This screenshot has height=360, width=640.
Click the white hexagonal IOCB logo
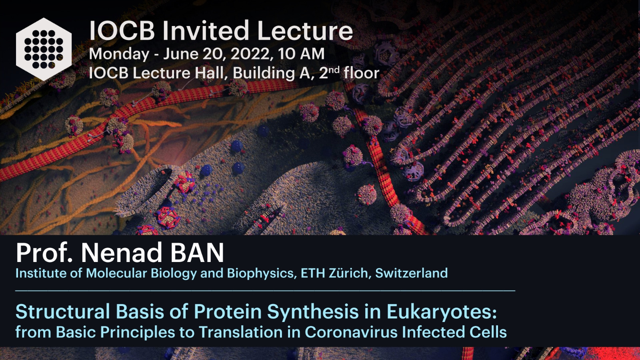pyautogui.click(x=44, y=49)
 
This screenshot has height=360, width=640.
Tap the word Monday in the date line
pyautogui.click(x=119, y=54)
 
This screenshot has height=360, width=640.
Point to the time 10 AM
pyautogui.click(x=301, y=54)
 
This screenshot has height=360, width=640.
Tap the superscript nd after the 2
pyautogui.click(x=334, y=70)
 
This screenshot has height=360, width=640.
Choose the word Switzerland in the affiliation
pyautogui.click(x=412, y=273)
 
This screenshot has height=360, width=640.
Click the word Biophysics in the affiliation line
pyautogui.click(x=260, y=274)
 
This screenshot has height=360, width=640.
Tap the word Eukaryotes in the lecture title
pyautogui.click(x=442, y=312)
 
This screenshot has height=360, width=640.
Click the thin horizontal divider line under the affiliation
pyautogui.click(x=265, y=290)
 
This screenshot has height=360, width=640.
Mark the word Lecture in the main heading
pyautogui.click(x=305, y=30)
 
